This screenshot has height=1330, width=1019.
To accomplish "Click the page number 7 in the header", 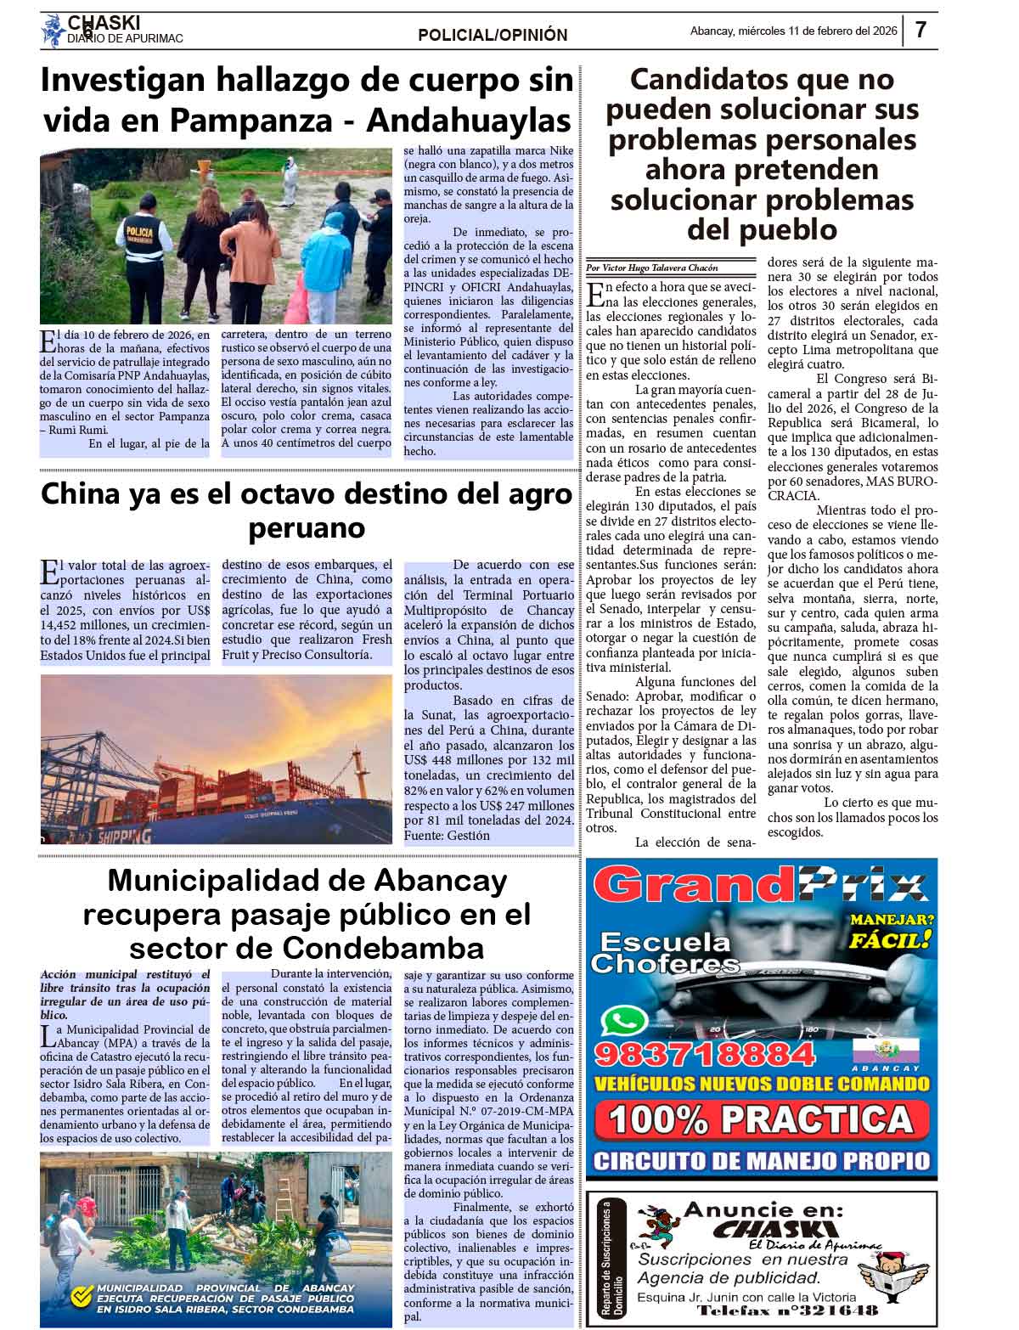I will pyautogui.click(x=920, y=31).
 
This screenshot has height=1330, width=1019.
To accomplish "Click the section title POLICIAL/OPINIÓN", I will pyautogui.click(x=493, y=35).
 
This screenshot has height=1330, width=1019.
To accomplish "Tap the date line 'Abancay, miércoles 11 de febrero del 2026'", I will pyautogui.click(x=793, y=31).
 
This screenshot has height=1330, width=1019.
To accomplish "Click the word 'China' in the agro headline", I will pyautogui.click(x=86, y=494).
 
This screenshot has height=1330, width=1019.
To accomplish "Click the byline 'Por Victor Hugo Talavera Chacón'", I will pyautogui.click(x=652, y=268).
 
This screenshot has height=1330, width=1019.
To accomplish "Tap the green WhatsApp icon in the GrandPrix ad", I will pyautogui.click(x=622, y=1019).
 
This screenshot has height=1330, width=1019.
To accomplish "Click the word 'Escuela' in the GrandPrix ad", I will pyautogui.click(x=664, y=942).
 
